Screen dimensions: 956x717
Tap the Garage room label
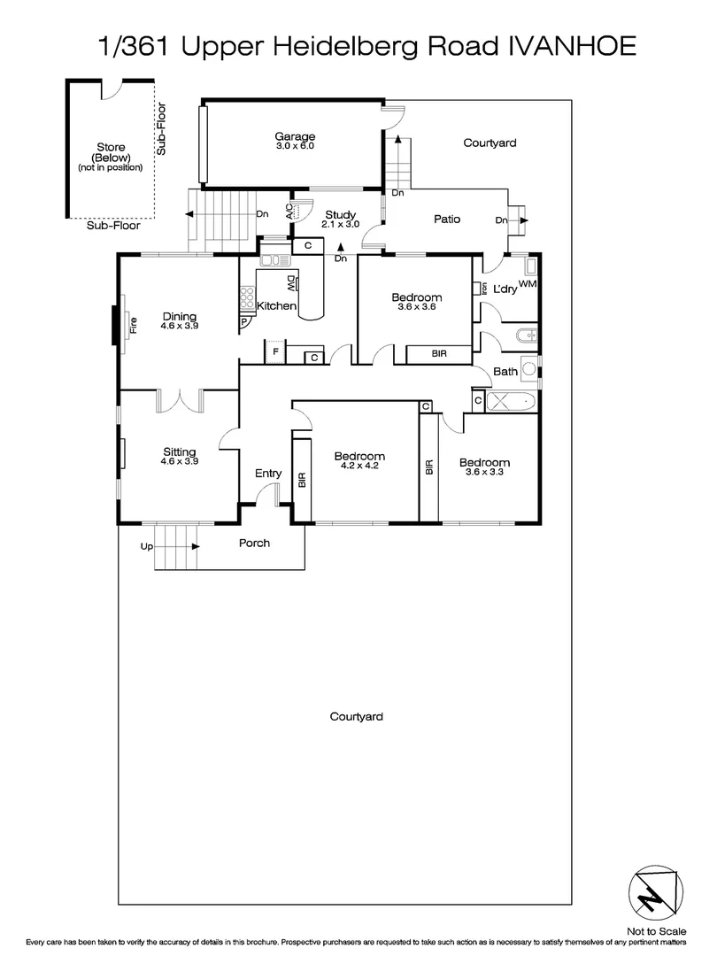294,136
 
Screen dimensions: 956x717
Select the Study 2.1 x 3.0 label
340,219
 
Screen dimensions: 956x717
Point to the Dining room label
179,317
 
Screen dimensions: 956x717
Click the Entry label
268,474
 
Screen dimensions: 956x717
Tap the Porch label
254,543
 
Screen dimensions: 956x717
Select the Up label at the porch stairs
146,548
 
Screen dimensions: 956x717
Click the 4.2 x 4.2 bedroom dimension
356,466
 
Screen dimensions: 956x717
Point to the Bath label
505,372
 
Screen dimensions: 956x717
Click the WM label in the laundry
528,282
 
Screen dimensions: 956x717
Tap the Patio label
446,219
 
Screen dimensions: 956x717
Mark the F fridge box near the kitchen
275,352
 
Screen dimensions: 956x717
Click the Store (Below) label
111,157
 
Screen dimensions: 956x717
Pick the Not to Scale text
656,932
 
